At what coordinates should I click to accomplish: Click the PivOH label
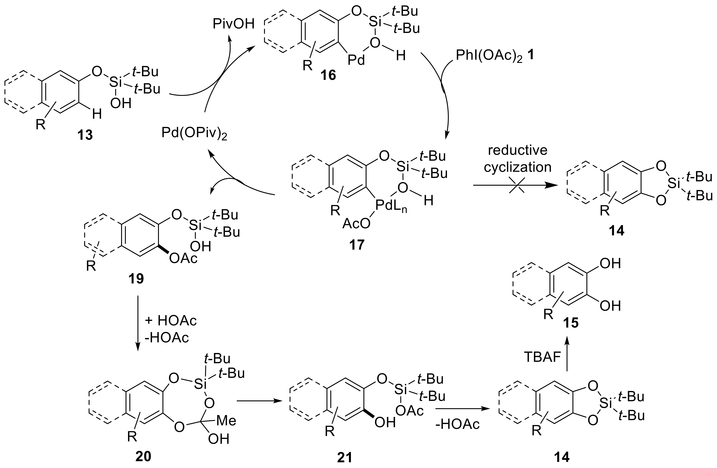click(x=233, y=24)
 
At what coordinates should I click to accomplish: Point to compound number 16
click(x=328, y=75)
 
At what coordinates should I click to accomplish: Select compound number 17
click(x=357, y=245)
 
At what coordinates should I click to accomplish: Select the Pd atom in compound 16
click(x=356, y=60)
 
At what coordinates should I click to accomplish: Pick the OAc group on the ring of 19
click(x=183, y=258)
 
